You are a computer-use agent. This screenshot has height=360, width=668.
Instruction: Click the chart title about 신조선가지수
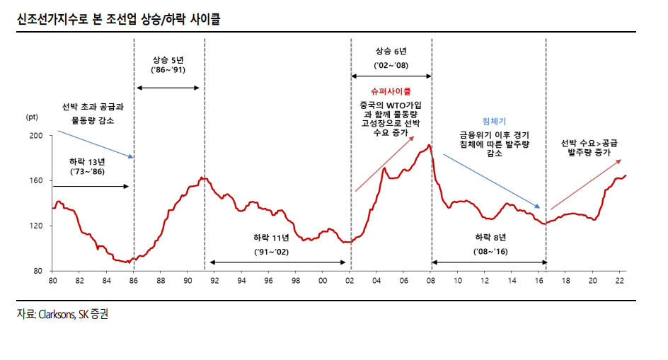click(118, 20)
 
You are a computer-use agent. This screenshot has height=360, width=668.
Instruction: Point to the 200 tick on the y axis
click(37, 135)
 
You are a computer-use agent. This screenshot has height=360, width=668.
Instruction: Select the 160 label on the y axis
click(37, 180)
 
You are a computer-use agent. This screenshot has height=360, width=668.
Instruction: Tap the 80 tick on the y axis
click(39, 271)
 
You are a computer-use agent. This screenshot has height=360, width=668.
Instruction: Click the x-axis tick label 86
click(134, 281)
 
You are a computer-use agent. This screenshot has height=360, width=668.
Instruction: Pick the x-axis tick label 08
click(431, 281)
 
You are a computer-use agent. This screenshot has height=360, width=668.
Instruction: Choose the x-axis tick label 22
click(621, 281)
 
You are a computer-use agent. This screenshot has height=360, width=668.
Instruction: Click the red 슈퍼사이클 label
click(391, 91)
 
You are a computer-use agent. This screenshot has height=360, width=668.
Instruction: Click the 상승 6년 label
click(391, 52)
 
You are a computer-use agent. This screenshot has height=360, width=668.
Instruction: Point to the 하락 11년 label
click(271, 238)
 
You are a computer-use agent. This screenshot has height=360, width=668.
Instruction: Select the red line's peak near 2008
click(429, 146)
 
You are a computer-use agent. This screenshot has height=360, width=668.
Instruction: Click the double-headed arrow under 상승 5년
click(168, 88)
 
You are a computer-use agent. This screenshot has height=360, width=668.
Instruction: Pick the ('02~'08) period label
click(391, 65)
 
